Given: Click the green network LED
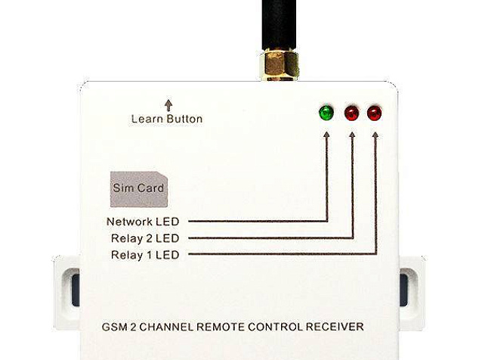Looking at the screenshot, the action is coord(326,113).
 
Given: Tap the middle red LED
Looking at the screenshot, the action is coord(351,113).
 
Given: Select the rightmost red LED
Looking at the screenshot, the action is coord(375,113).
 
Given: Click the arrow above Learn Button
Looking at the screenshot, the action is coord(168,105).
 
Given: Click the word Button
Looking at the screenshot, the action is coord(185,119).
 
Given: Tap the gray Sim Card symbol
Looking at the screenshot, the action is coord(139,189).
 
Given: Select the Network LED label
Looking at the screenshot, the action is coord(143,222).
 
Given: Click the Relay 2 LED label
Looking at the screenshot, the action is coord(145,238).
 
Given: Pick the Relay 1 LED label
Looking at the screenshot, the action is coord(145,255).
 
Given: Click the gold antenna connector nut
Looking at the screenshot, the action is coord(279,65).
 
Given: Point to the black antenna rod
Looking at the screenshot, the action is coord(279,24).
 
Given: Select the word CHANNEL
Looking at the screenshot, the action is coord(166,327).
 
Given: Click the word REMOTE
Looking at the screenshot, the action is coord(221,327).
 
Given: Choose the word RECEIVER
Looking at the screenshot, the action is coord(335,327).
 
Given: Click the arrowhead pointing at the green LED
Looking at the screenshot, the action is coord(326,135).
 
